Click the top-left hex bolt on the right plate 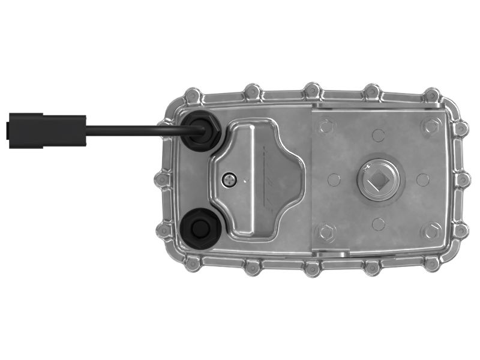coord(325,126)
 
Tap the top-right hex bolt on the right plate coord(430,126)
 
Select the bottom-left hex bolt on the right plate coord(325,231)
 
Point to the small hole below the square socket coord(378,224)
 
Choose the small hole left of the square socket coord(334,179)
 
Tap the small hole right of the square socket coord(422,179)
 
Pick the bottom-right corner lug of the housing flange coord(431,263)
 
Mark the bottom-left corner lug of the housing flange coord(193,263)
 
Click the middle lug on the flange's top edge coord(312,91)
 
